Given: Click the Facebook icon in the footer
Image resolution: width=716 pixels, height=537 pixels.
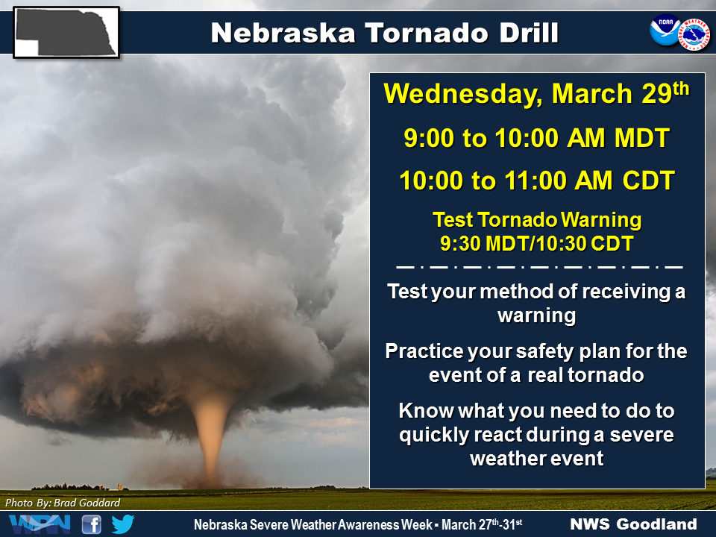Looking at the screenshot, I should click(91, 524).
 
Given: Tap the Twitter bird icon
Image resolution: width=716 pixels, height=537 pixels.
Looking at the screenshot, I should click(123, 524).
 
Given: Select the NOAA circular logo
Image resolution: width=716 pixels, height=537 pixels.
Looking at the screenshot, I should click(664, 32).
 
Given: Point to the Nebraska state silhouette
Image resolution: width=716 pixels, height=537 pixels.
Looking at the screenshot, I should click(66, 31).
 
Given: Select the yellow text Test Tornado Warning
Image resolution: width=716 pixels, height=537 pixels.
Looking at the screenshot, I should click(537, 220).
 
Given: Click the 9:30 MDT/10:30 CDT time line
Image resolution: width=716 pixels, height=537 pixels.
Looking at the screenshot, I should click(537, 243).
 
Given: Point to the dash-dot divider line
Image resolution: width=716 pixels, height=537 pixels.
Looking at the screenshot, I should click(537, 266).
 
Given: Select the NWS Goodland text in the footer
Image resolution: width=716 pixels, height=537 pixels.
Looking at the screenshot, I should click(633, 524).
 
